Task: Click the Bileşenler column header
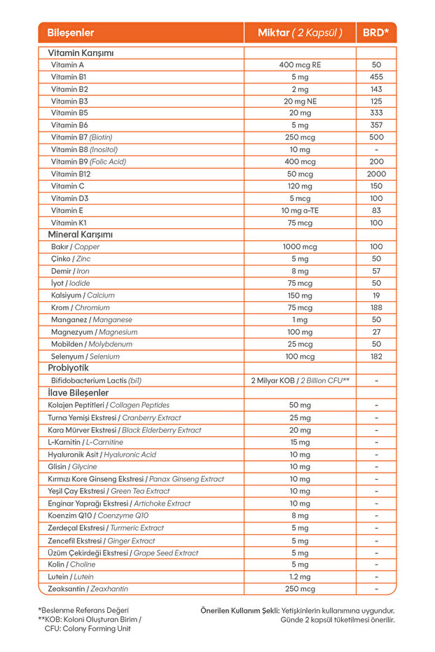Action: pyautogui.click(x=71, y=33)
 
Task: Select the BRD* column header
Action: pyautogui.click(x=376, y=33)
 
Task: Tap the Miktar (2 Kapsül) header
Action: pyautogui.click(x=300, y=33)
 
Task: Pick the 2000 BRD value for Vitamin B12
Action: pyautogui.click(x=376, y=174)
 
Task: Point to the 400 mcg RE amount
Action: pyautogui.click(x=300, y=64)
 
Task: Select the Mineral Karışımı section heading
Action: pyautogui.click(x=80, y=235)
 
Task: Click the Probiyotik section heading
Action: pyautogui.click(x=69, y=368)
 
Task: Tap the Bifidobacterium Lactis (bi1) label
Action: pyautogui.click(x=97, y=380)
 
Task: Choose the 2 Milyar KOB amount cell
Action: pyautogui.click(x=300, y=380)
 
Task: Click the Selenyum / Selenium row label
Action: pyautogui.click(x=85, y=356)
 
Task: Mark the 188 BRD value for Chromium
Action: pyautogui.click(x=376, y=307)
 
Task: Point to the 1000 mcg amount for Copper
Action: pyautogui.click(x=300, y=247)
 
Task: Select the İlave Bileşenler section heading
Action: pyautogui.click(x=78, y=393)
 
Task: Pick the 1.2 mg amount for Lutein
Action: pyautogui.click(x=300, y=576)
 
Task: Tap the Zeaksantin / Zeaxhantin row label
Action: pyautogui.click(x=88, y=589)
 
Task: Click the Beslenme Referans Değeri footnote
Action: pyautogui.click(x=83, y=610)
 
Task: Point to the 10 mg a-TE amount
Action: pyautogui.click(x=300, y=210)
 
